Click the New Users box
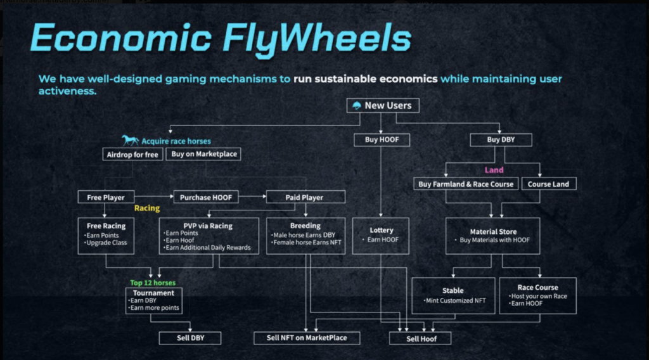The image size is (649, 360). (383, 105)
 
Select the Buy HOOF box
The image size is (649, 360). (382, 139)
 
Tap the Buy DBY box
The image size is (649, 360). (501, 139)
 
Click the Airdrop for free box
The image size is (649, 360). (132, 154)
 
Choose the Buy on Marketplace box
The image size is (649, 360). (203, 154)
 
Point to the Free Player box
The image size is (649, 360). (106, 197)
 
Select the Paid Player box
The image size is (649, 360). (304, 197)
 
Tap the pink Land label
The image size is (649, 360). (494, 170)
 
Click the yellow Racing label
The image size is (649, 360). (146, 207)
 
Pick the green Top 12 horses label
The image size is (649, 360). (153, 282)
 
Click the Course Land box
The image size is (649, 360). (548, 184)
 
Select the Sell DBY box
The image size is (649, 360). (190, 338)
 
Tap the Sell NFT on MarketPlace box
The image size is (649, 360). (307, 338)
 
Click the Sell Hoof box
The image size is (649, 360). (421, 338)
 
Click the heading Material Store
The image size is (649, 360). (493, 232)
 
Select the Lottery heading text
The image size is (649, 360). (382, 230)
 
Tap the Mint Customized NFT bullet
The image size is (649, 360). (456, 300)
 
